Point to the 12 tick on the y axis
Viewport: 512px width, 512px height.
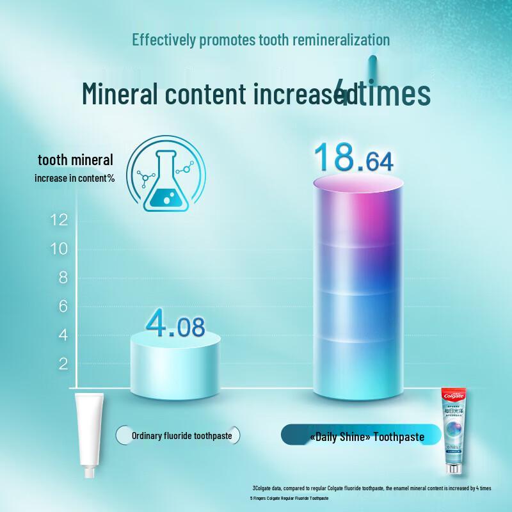[x=59, y=221]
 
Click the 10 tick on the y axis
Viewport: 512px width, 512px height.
[x=59, y=250]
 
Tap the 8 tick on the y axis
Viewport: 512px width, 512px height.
[x=62, y=278]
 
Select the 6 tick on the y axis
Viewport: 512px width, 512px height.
[x=62, y=307]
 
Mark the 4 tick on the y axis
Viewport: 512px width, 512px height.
[x=62, y=335]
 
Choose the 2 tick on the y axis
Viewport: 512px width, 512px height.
[x=62, y=364]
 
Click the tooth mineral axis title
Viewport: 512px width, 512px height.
[x=76, y=160]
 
